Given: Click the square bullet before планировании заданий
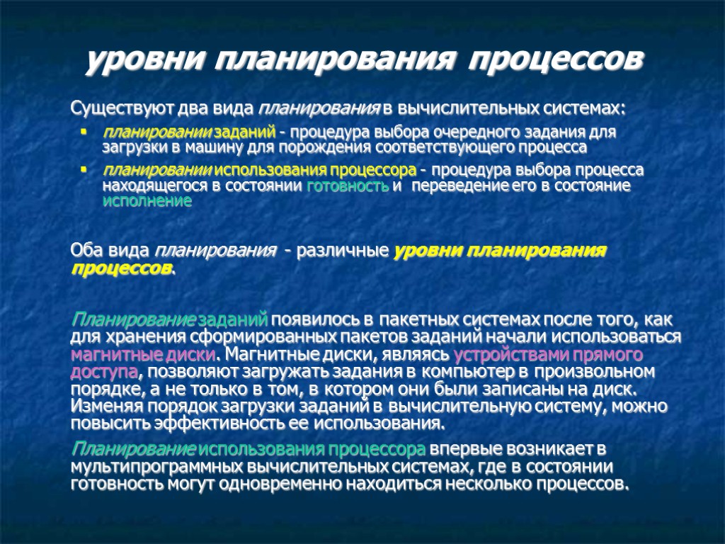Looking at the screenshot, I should tap(84, 132).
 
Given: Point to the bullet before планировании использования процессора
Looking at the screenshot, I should tap(84, 171).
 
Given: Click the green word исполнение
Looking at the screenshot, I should tap(147, 201).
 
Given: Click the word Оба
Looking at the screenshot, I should tap(86, 251).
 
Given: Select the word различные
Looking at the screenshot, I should tap(343, 251).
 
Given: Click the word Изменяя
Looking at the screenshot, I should tap(103, 407).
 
